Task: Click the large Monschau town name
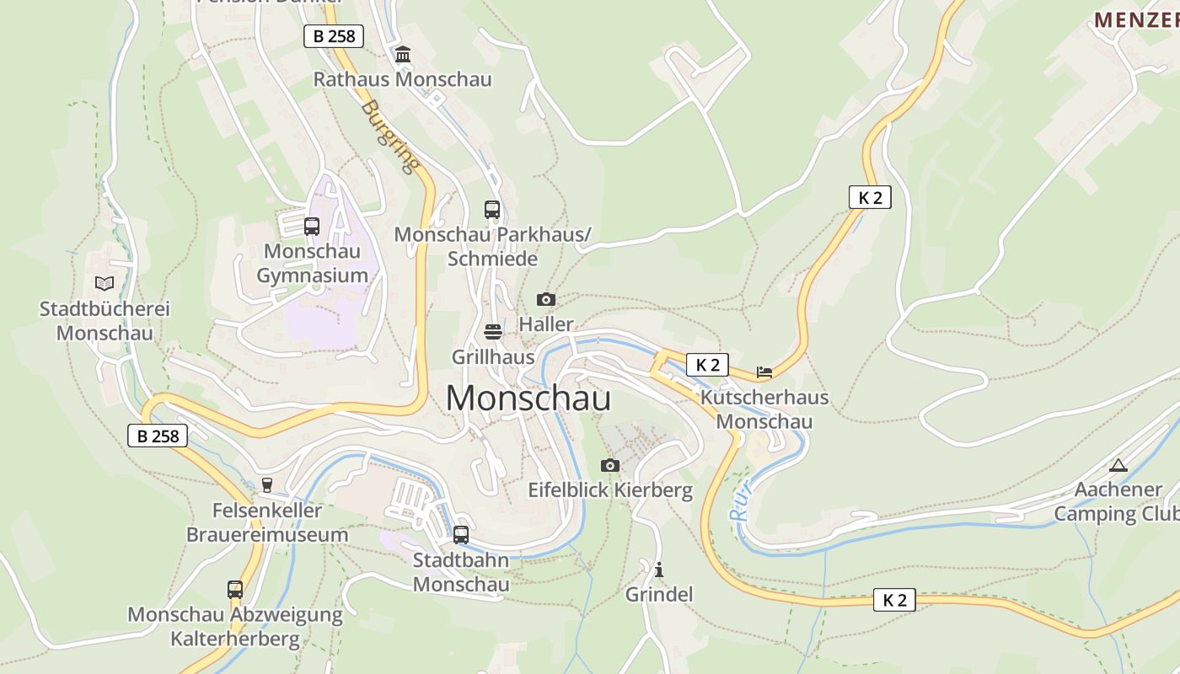click(x=528, y=398)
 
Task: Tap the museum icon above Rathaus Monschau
click(x=403, y=55)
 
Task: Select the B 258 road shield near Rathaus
click(x=333, y=36)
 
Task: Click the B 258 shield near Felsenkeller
click(x=158, y=436)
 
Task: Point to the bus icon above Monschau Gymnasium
click(x=312, y=226)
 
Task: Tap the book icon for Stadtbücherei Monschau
click(x=105, y=283)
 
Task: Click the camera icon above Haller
click(x=546, y=299)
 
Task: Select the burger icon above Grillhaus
click(x=493, y=331)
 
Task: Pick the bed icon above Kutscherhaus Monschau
click(x=764, y=372)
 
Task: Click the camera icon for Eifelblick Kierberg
click(x=610, y=465)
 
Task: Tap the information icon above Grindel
click(x=659, y=570)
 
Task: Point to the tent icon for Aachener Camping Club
click(x=1118, y=465)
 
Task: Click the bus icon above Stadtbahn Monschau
click(x=461, y=534)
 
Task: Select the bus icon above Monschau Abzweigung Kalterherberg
click(x=235, y=589)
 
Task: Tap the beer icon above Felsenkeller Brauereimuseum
click(x=267, y=484)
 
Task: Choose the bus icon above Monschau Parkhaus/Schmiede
click(x=492, y=209)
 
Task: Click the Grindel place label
click(x=659, y=595)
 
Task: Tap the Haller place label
click(x=546, y=324)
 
